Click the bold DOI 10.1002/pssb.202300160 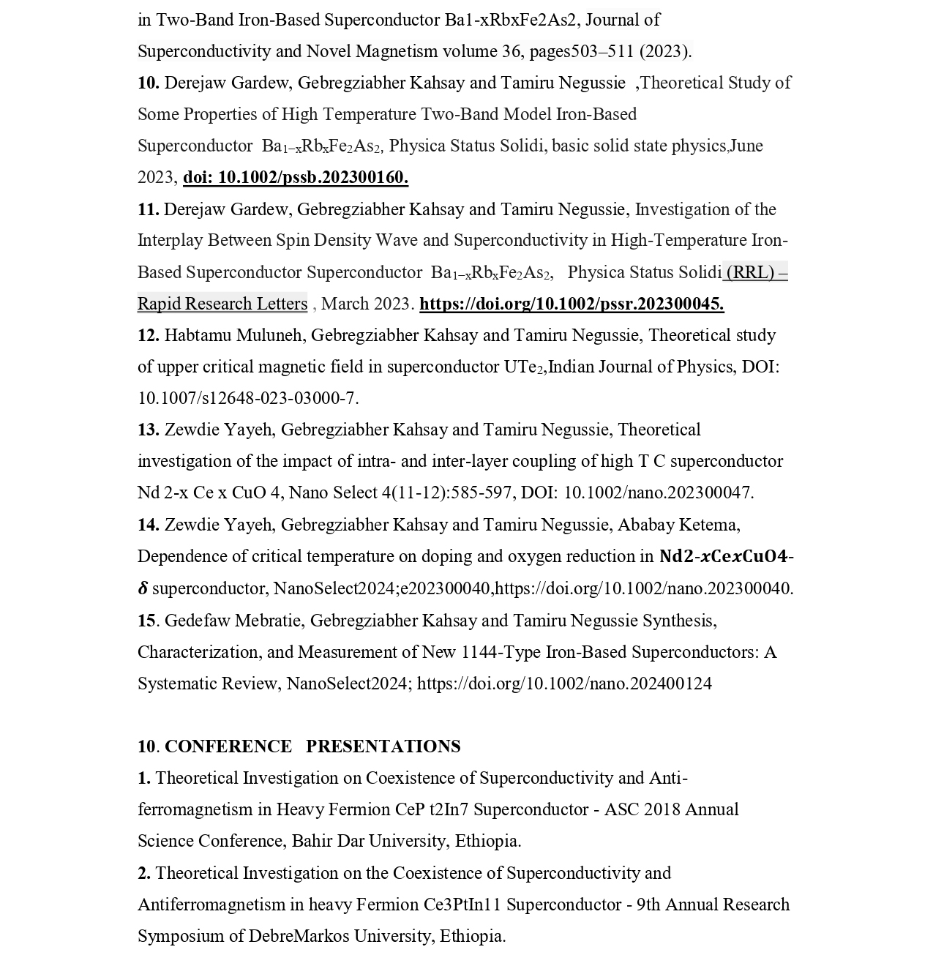point(296,177)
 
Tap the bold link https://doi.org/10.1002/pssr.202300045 point(572,304)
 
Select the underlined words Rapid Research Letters point(222,304)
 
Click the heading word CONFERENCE point(228,746)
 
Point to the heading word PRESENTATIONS point(383,746)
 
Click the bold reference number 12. point(148,335)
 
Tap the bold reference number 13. point(148,430)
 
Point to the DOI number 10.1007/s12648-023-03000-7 point(247,398)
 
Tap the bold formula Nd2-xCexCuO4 point(723,556)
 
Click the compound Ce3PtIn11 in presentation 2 point(462,905)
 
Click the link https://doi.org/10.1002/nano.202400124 point(564,684)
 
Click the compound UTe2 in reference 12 point(524,367)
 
